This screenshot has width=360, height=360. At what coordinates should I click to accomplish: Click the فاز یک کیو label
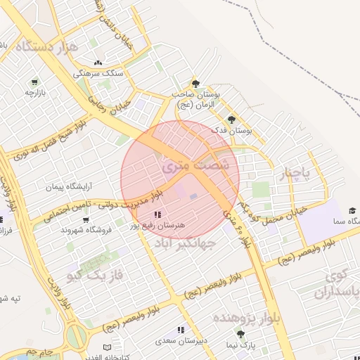point(95,274)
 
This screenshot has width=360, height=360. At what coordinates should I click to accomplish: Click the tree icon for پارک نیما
point(241,335)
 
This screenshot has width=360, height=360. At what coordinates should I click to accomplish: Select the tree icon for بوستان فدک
point(231,119)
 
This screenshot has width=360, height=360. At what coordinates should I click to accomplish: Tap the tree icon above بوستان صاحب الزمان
point(195,83)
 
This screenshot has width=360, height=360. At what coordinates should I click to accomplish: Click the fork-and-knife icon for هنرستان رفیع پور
point(156,214)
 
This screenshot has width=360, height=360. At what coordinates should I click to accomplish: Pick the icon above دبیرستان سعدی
point(181,329)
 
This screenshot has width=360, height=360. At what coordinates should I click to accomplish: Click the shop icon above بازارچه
point(34,82)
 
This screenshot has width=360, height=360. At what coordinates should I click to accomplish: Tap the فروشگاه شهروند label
point(88,230)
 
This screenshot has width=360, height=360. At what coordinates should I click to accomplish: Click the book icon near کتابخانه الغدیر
point(107,347)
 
